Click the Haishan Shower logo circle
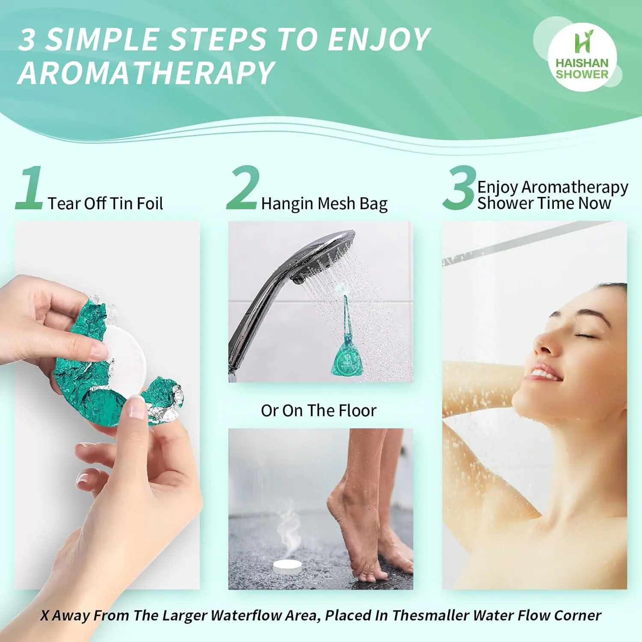click(x=582, y=57)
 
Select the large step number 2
click(x=243, y=188)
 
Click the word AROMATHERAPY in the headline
click(x=146, y=73)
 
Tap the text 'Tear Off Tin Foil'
click(x=105, y=204)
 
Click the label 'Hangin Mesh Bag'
click(x=324, y=204)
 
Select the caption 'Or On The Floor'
click(x=318, y=410)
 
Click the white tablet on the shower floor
click(x=291, y=566)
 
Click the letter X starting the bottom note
click(x=45, y=615)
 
